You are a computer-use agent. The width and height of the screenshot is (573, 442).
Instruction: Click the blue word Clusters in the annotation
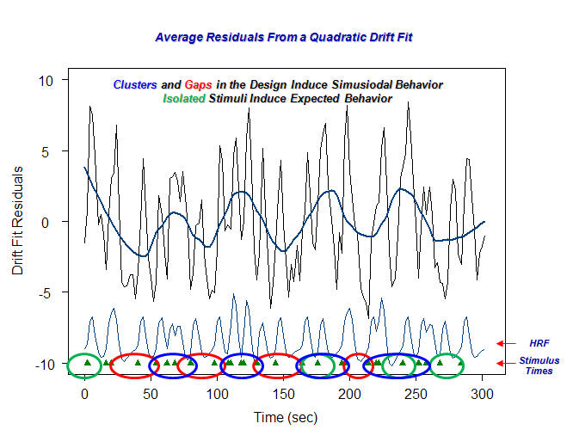pos(135,85)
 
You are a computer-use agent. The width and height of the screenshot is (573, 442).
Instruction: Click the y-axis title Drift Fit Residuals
pos(18,221)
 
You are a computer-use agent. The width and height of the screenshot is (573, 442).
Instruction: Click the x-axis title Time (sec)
pos(285,417)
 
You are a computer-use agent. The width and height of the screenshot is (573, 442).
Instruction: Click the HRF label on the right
pos(539,343)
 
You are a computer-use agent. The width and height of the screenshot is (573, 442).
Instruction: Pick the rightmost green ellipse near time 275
pos(447,365)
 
